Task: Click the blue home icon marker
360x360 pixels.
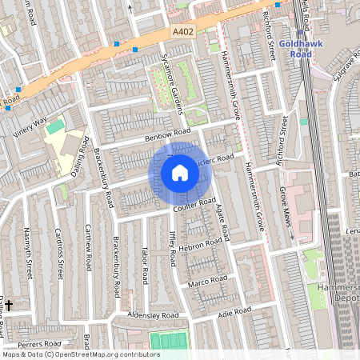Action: pyautogui.click(x=180, y=172)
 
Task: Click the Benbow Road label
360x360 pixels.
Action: pyautogui.click(x=168, y=135)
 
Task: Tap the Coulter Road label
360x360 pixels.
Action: pyautogui.click(x=195, y=205)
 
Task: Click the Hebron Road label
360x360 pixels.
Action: pyautogui.click(x=202, y=244)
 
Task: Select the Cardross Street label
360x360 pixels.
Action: pyautogui.click(x=59, y=253)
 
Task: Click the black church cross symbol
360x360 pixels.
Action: pyautogui.click(x=9, y=305)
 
